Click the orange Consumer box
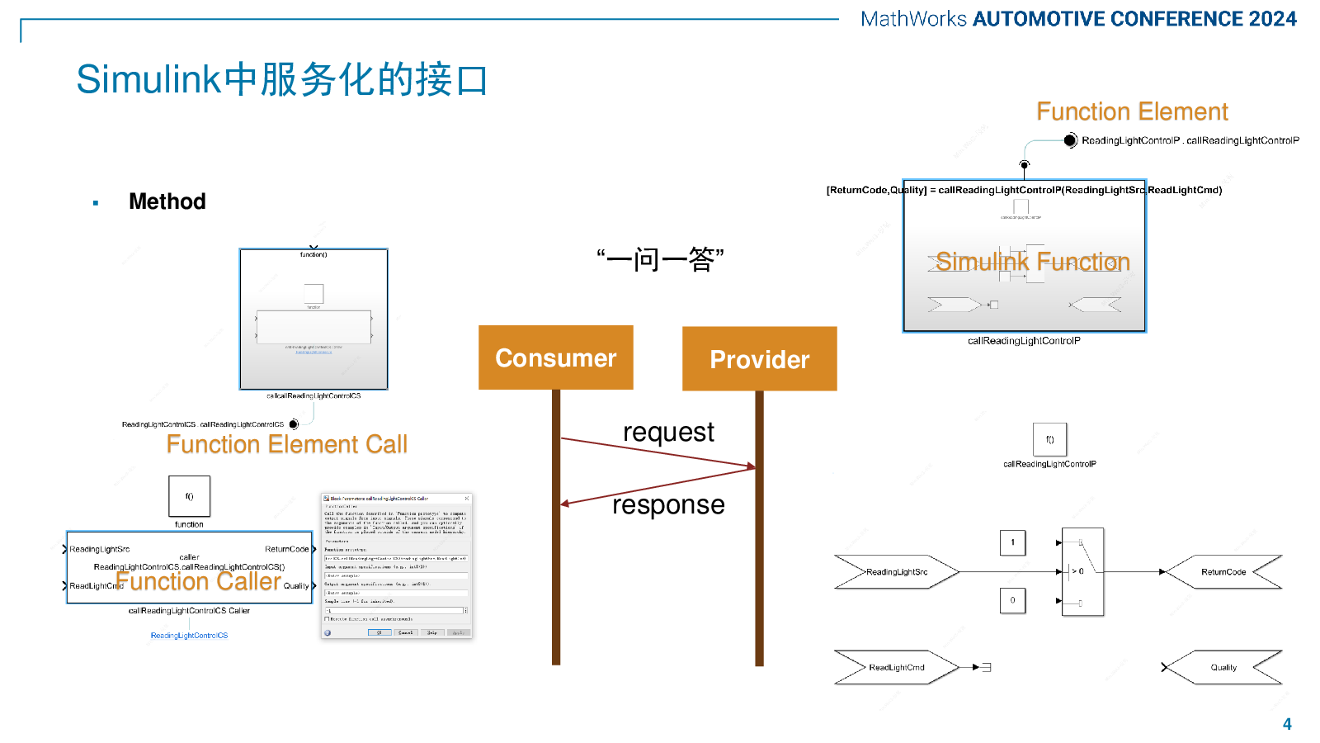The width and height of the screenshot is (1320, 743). pyautogui.click(x=555, y=357)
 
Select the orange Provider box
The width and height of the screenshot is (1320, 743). pyautogui.click(x=759, y=359)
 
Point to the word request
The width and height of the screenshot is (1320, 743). pyautogui.click(x=668, y=432)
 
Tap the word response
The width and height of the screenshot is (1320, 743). pyautogui.click(x=668, y=504)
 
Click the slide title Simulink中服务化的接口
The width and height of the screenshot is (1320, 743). pyautogui.click(x=282, y=79)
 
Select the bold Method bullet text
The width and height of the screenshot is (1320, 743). pyautogui.click(x=167, y=201)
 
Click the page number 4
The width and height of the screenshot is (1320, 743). pyautogui.click(x=1287, y=724)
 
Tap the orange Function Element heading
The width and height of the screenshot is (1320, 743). pyautogui.click(x=1132, y=111)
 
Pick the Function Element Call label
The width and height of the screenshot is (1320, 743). pyautogui.click(x=286, y=444)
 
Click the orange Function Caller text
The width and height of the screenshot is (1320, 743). pyautogui.click(x=199, y=581)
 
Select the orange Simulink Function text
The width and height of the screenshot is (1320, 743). pyautogui.click(x=1032, y=262)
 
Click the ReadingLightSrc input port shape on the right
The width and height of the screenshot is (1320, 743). pyautogui.click(x=896, y=571)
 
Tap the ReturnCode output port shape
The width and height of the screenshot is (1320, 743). pyautogui.click(x=1223, y=571)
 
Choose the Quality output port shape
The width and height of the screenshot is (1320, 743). pyautogui.click(x=1223, y=667)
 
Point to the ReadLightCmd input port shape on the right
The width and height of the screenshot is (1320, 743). pyautogui.click(x=896, y=667)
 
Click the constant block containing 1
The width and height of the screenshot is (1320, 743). pyautogui.click(x=1012, y=542)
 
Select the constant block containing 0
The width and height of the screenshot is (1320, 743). pyautogui.click(x=1012, y=600)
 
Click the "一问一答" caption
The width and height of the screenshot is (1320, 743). pyautogui.click(x=660, y=260)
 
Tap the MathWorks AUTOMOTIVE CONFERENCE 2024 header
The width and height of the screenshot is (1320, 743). pyautogui.click(x=1078, y=19)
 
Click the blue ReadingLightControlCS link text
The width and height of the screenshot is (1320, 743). pyautogui.click(x=189, y=636)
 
